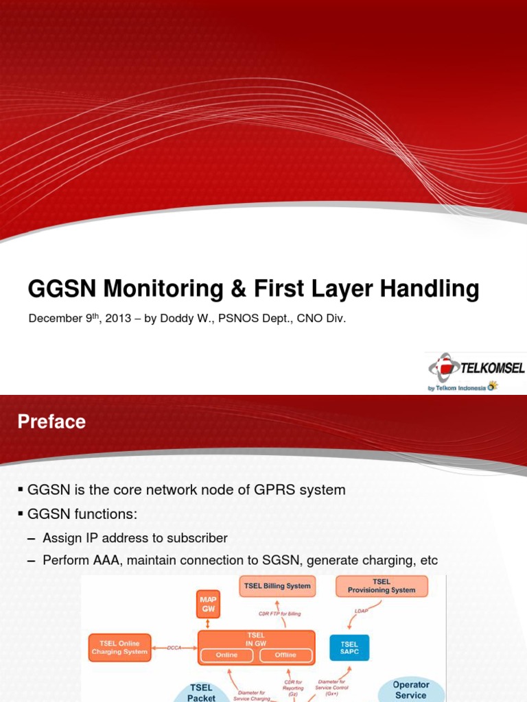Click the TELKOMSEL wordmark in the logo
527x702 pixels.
[492, 368]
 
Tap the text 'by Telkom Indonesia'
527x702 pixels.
[456, 387]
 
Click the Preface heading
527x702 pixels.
[51, 422]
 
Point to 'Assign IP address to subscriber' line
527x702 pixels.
[134, 538]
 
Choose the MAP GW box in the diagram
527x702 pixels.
[207, 603]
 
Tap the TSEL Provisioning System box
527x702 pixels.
[382, 586]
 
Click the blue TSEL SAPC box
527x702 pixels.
[349, 648]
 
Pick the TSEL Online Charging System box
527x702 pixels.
[119, 648]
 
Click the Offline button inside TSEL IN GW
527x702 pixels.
[285, 655]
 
